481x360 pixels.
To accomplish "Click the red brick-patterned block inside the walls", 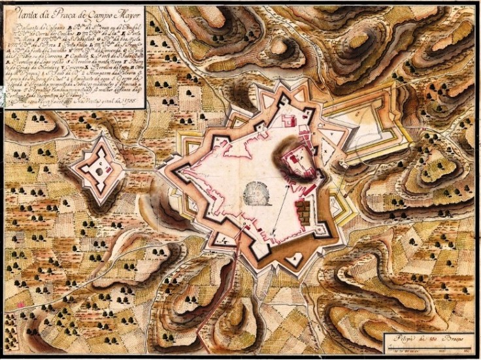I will point(303,210).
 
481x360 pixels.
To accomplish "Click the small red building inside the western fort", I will point(102,163).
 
